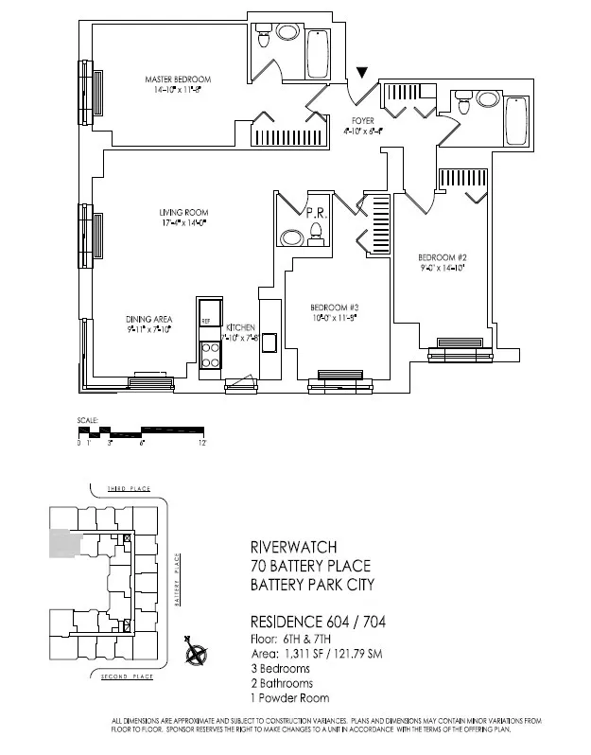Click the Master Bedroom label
(x=178, y=79)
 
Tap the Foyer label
(x=364, y=121)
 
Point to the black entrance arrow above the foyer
(x=363, y=73)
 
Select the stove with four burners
(x=209, y=354)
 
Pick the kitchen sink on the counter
(x=269, y=346)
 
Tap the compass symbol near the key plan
(x=197, y=652)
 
